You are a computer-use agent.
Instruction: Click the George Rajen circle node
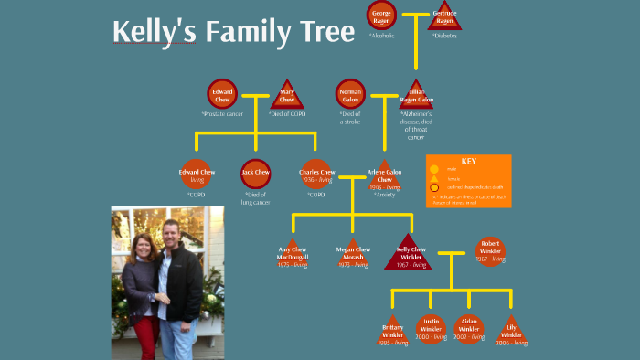coord(381,16)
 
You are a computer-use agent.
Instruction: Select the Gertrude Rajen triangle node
coord(444,16)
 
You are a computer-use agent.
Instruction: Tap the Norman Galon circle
coord(350,94)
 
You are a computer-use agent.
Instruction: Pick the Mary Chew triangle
coord(286,95)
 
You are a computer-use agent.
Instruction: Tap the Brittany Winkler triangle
coord(391,331)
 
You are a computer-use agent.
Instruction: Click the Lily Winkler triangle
coord(511,331)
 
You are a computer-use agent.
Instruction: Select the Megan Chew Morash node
coord(350,253)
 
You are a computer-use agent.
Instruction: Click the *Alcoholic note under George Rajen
coord(381,36)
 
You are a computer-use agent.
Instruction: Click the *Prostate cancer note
coord(222,114)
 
